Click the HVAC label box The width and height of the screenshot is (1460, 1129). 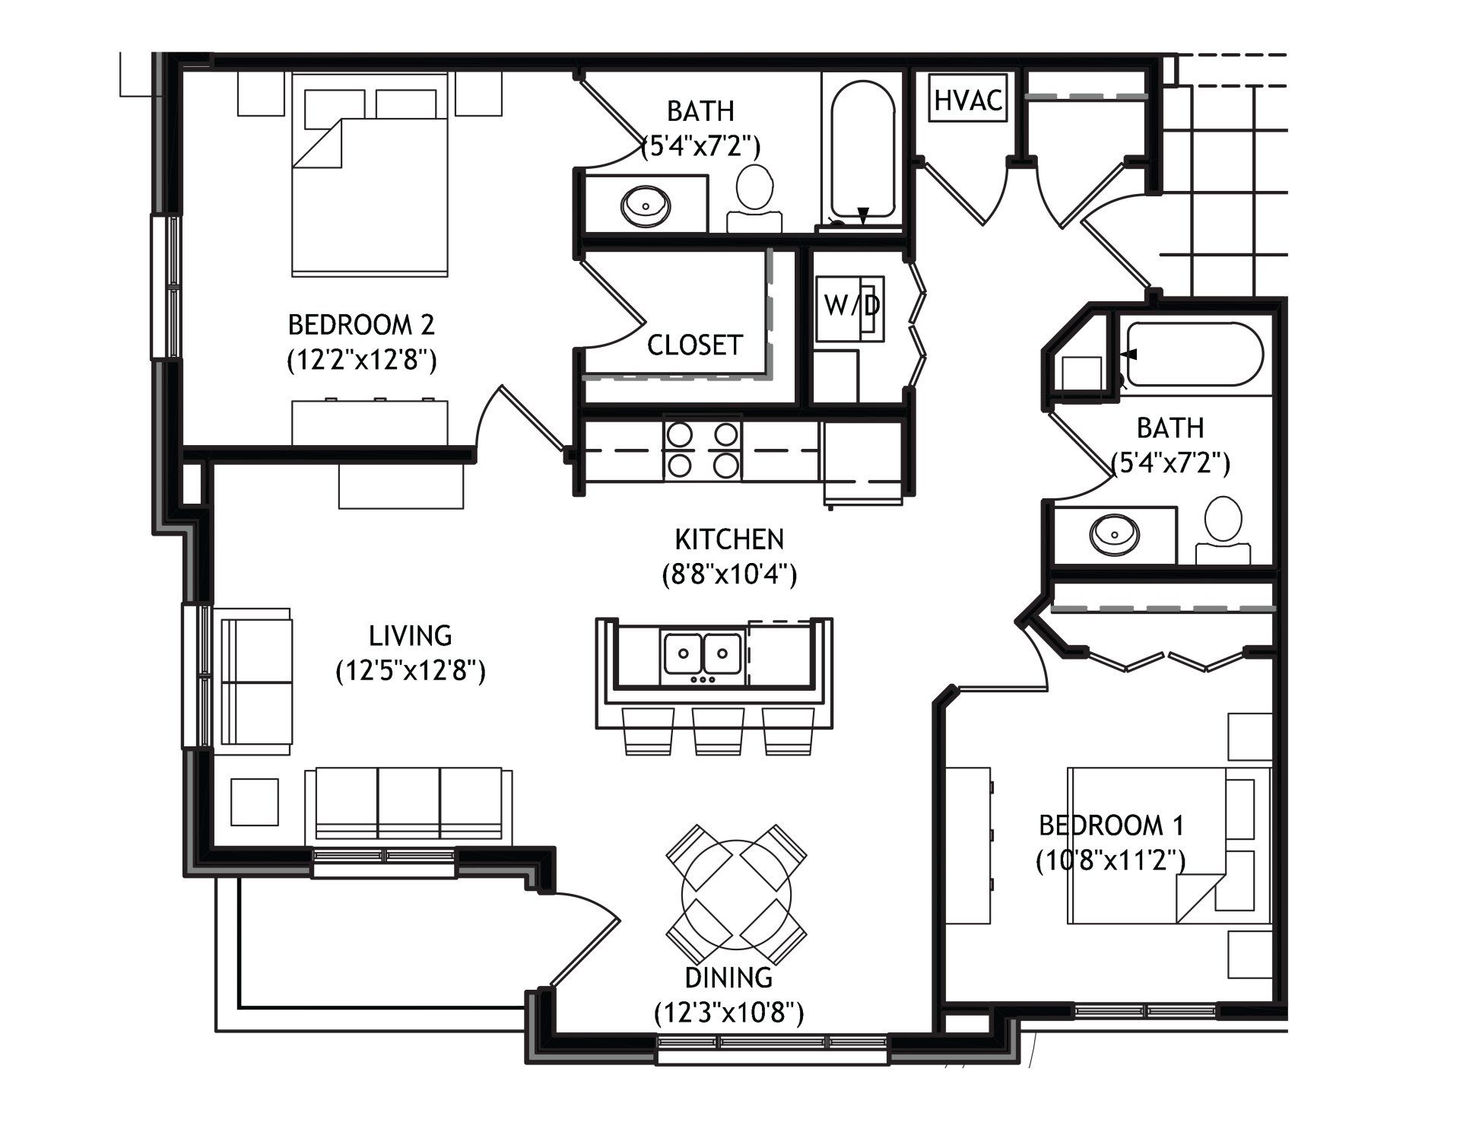[x=969, y=99]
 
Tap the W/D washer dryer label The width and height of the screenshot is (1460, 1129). [x=852, y=306]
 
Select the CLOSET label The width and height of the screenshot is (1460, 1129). [x=694, y=345]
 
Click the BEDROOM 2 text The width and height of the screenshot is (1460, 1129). [x=361, y=325]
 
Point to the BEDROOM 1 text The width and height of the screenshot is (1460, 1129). [x=1112, y=825]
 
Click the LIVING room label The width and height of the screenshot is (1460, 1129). [x=411, y=634]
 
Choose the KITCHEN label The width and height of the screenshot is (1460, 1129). [x=729, y=539]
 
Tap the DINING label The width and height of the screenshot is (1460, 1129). [x=728, y=977]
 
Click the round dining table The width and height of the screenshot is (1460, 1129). [x=736, y=893]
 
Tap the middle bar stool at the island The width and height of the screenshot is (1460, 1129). [x=718, y=731]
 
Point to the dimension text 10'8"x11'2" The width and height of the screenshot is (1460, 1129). [x=1111, y=860]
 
